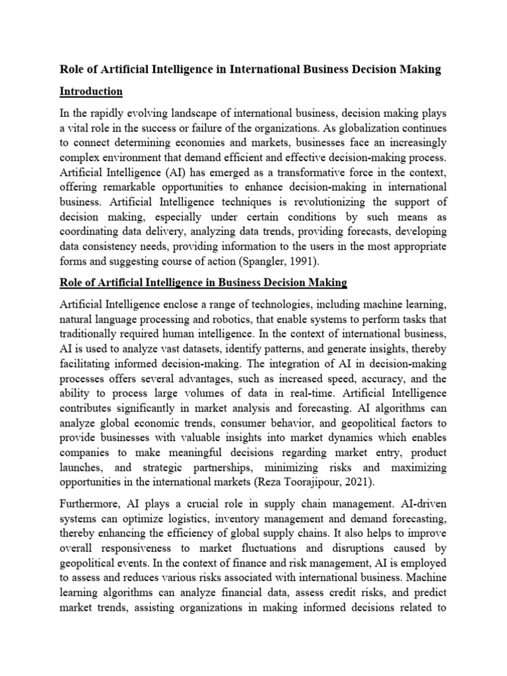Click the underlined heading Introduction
pos(91,91)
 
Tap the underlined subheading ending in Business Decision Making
pos(203,283)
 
